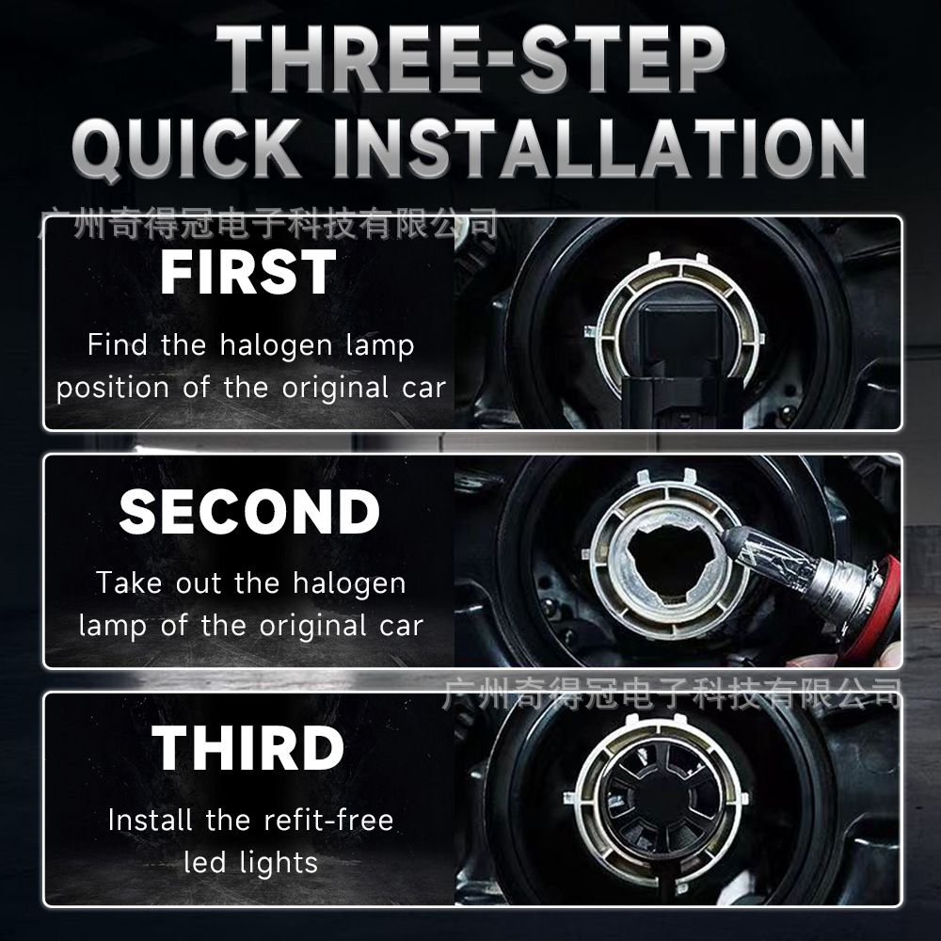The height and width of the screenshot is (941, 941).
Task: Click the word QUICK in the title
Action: pos(186,149)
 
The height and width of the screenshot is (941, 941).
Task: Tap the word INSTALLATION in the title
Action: pos(598,149)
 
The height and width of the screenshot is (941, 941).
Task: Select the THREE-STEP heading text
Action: pos(470,58)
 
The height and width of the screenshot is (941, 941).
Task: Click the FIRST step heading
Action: pos(247,273)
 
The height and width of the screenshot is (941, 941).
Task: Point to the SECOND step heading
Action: pos(249,511)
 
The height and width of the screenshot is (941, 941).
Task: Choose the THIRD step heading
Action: pos(247,747)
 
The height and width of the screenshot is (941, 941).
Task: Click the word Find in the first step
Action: pos(117,344)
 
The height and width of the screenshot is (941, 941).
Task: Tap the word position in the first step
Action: pos(113,389)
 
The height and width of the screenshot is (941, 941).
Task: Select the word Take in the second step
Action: pos(129,582)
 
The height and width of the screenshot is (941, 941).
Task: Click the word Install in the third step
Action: pos(150,820)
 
